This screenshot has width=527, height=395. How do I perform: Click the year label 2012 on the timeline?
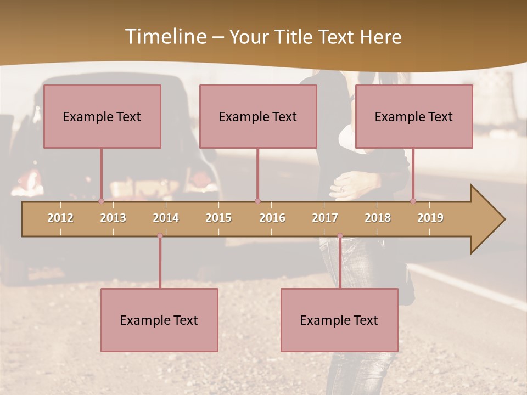60,218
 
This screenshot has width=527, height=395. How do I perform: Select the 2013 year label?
113,218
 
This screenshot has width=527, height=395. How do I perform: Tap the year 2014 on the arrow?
166,218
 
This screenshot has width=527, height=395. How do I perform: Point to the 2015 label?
218,218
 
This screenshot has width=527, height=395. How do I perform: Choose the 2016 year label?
272,218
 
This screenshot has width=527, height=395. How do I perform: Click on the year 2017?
325,218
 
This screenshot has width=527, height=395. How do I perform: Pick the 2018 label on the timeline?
378,218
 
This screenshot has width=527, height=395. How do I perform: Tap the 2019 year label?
430,218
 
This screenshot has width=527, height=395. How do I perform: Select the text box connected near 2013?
102,116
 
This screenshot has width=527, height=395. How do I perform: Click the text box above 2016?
258,116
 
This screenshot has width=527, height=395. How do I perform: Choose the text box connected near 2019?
414,116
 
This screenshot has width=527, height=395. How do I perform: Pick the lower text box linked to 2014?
159,320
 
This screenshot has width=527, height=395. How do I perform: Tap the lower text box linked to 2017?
339,320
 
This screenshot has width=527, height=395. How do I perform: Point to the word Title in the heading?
296,37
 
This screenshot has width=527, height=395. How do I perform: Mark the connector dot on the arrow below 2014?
160,236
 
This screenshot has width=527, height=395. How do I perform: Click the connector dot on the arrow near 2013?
102,201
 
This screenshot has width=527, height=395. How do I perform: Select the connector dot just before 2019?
413,201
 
